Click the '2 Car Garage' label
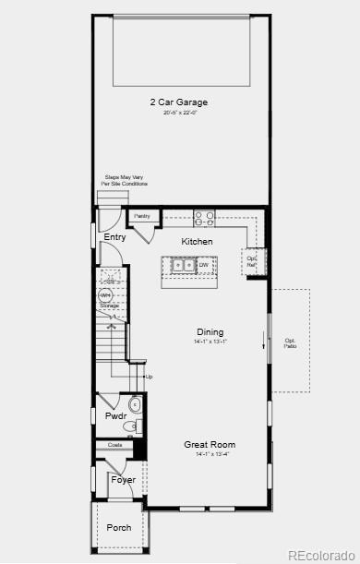coord(179,102)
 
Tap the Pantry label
coord(142,216)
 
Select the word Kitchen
coord(197,242)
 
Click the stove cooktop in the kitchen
coord(204,219)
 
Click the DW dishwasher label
coord(203,265)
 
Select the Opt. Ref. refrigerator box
coord(251,261)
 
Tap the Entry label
coord(114,237)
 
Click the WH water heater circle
coord(105,295)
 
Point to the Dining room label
coord(210,332)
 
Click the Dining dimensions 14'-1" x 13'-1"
coord(210,342)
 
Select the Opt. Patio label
coord(290,342)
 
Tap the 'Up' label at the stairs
coord(149,377)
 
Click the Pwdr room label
coord(115,416)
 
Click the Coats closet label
coord(114,445)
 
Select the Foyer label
coord(123,480)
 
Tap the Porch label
coord(117,528)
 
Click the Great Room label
coord(210,444)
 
